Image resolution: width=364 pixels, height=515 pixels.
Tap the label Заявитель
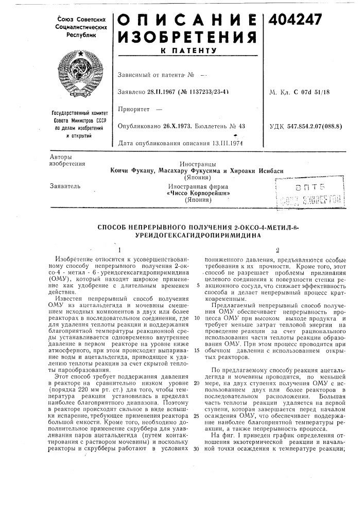[x=62, y=184]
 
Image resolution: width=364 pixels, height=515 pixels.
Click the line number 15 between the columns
[x=197, y=350]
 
